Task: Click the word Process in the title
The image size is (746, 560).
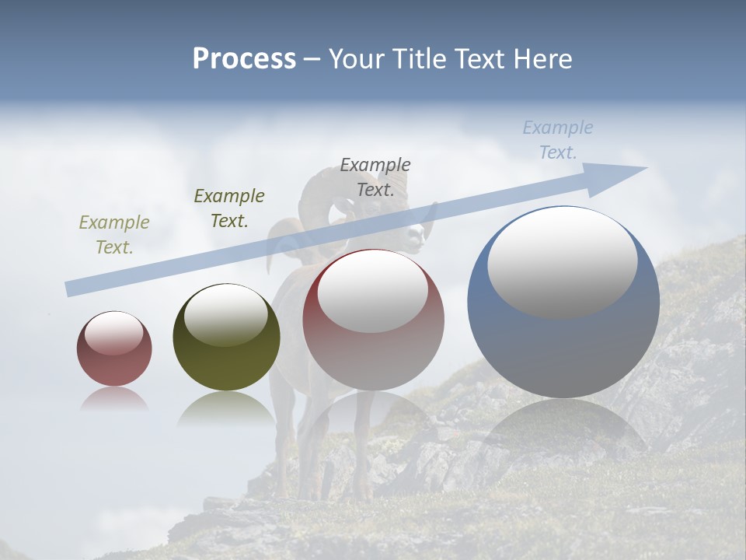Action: [244, 58]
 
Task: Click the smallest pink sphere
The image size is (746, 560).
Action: [114, 349]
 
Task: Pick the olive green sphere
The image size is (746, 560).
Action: [226, 338]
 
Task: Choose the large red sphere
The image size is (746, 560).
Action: [373, 320]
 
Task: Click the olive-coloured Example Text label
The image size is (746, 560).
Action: [113, 235]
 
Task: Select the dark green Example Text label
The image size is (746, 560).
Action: [228, 208]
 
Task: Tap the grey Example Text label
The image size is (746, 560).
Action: [375, 177]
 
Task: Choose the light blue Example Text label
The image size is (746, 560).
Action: [557, 140]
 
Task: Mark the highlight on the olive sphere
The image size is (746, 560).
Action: [225, 313]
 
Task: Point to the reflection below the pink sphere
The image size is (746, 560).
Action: [114, 399]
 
